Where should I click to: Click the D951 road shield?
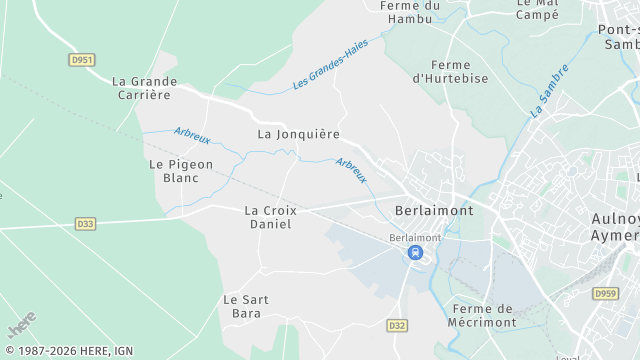point(83,60)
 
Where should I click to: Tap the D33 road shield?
point(85,224)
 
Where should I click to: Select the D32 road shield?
point(397,326)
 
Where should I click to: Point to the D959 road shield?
point(604,294)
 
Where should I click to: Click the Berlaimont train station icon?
point(415,253)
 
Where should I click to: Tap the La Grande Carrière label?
point(144,88)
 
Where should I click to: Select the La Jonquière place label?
point(299,134)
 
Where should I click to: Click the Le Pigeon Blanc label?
point(174,171)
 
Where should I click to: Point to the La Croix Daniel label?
point(268,217)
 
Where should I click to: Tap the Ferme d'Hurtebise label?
point(450,70)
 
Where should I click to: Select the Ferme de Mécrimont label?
point(483,316)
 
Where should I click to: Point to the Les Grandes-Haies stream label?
point(331,64)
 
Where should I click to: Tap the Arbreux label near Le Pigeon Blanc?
point(192,135)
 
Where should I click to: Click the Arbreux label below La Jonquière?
point(351,171)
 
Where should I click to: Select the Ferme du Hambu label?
point(411,11)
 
